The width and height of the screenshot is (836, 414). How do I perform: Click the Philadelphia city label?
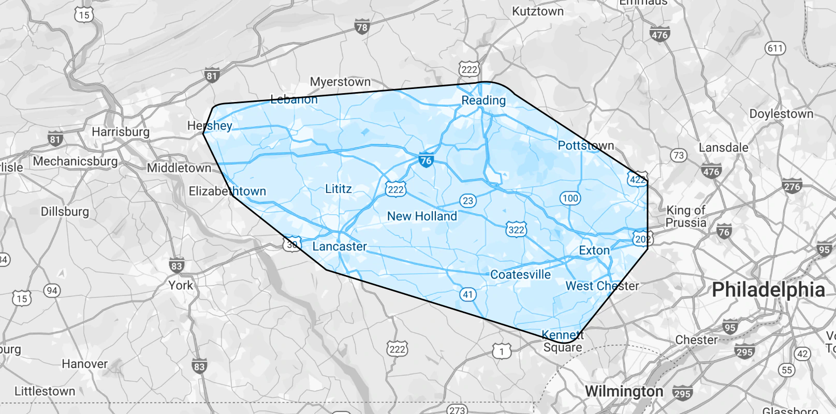[768, 290]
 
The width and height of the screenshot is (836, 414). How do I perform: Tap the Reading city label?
[483, 100]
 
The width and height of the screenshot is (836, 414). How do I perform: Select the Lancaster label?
[340, 246]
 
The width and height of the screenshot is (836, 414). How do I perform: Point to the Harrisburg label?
[121, 132]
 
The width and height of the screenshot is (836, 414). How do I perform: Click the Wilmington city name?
[624, 391]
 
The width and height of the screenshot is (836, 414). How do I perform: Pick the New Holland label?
[422, 216]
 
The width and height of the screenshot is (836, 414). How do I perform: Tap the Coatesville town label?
[520, 275]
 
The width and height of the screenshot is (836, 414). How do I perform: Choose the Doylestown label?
[781, 114]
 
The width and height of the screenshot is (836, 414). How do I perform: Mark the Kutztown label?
[538, 11]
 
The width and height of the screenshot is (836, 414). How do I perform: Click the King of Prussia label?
[686, 216]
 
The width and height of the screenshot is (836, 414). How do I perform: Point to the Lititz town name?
[339, 189]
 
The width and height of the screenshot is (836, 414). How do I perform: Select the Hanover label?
[85, 364]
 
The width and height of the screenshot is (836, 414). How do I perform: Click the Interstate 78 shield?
[362, 27]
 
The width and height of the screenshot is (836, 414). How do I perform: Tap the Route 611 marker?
[775, 49]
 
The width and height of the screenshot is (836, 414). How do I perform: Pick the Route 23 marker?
[468, 201]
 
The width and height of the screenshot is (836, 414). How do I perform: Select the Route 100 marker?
[570, 198]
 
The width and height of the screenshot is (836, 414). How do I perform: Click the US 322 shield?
[516, 230]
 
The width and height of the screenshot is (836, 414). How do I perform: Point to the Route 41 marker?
[468, 294]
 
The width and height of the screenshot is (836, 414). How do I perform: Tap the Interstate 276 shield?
[792, 186]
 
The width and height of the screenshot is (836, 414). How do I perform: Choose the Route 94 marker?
[52, 290]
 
